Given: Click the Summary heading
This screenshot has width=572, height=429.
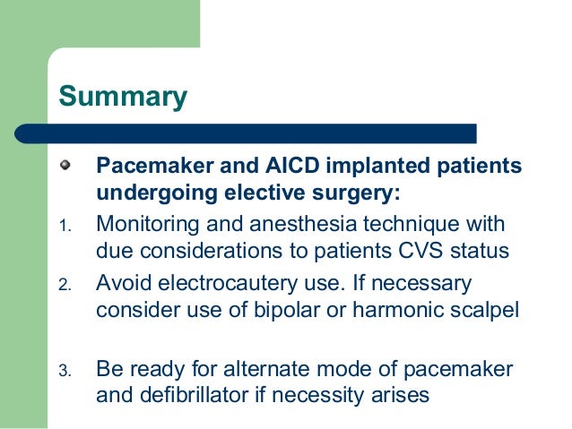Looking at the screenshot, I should click(123, 96).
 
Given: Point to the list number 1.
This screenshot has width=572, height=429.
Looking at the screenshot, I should click(65, 225).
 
